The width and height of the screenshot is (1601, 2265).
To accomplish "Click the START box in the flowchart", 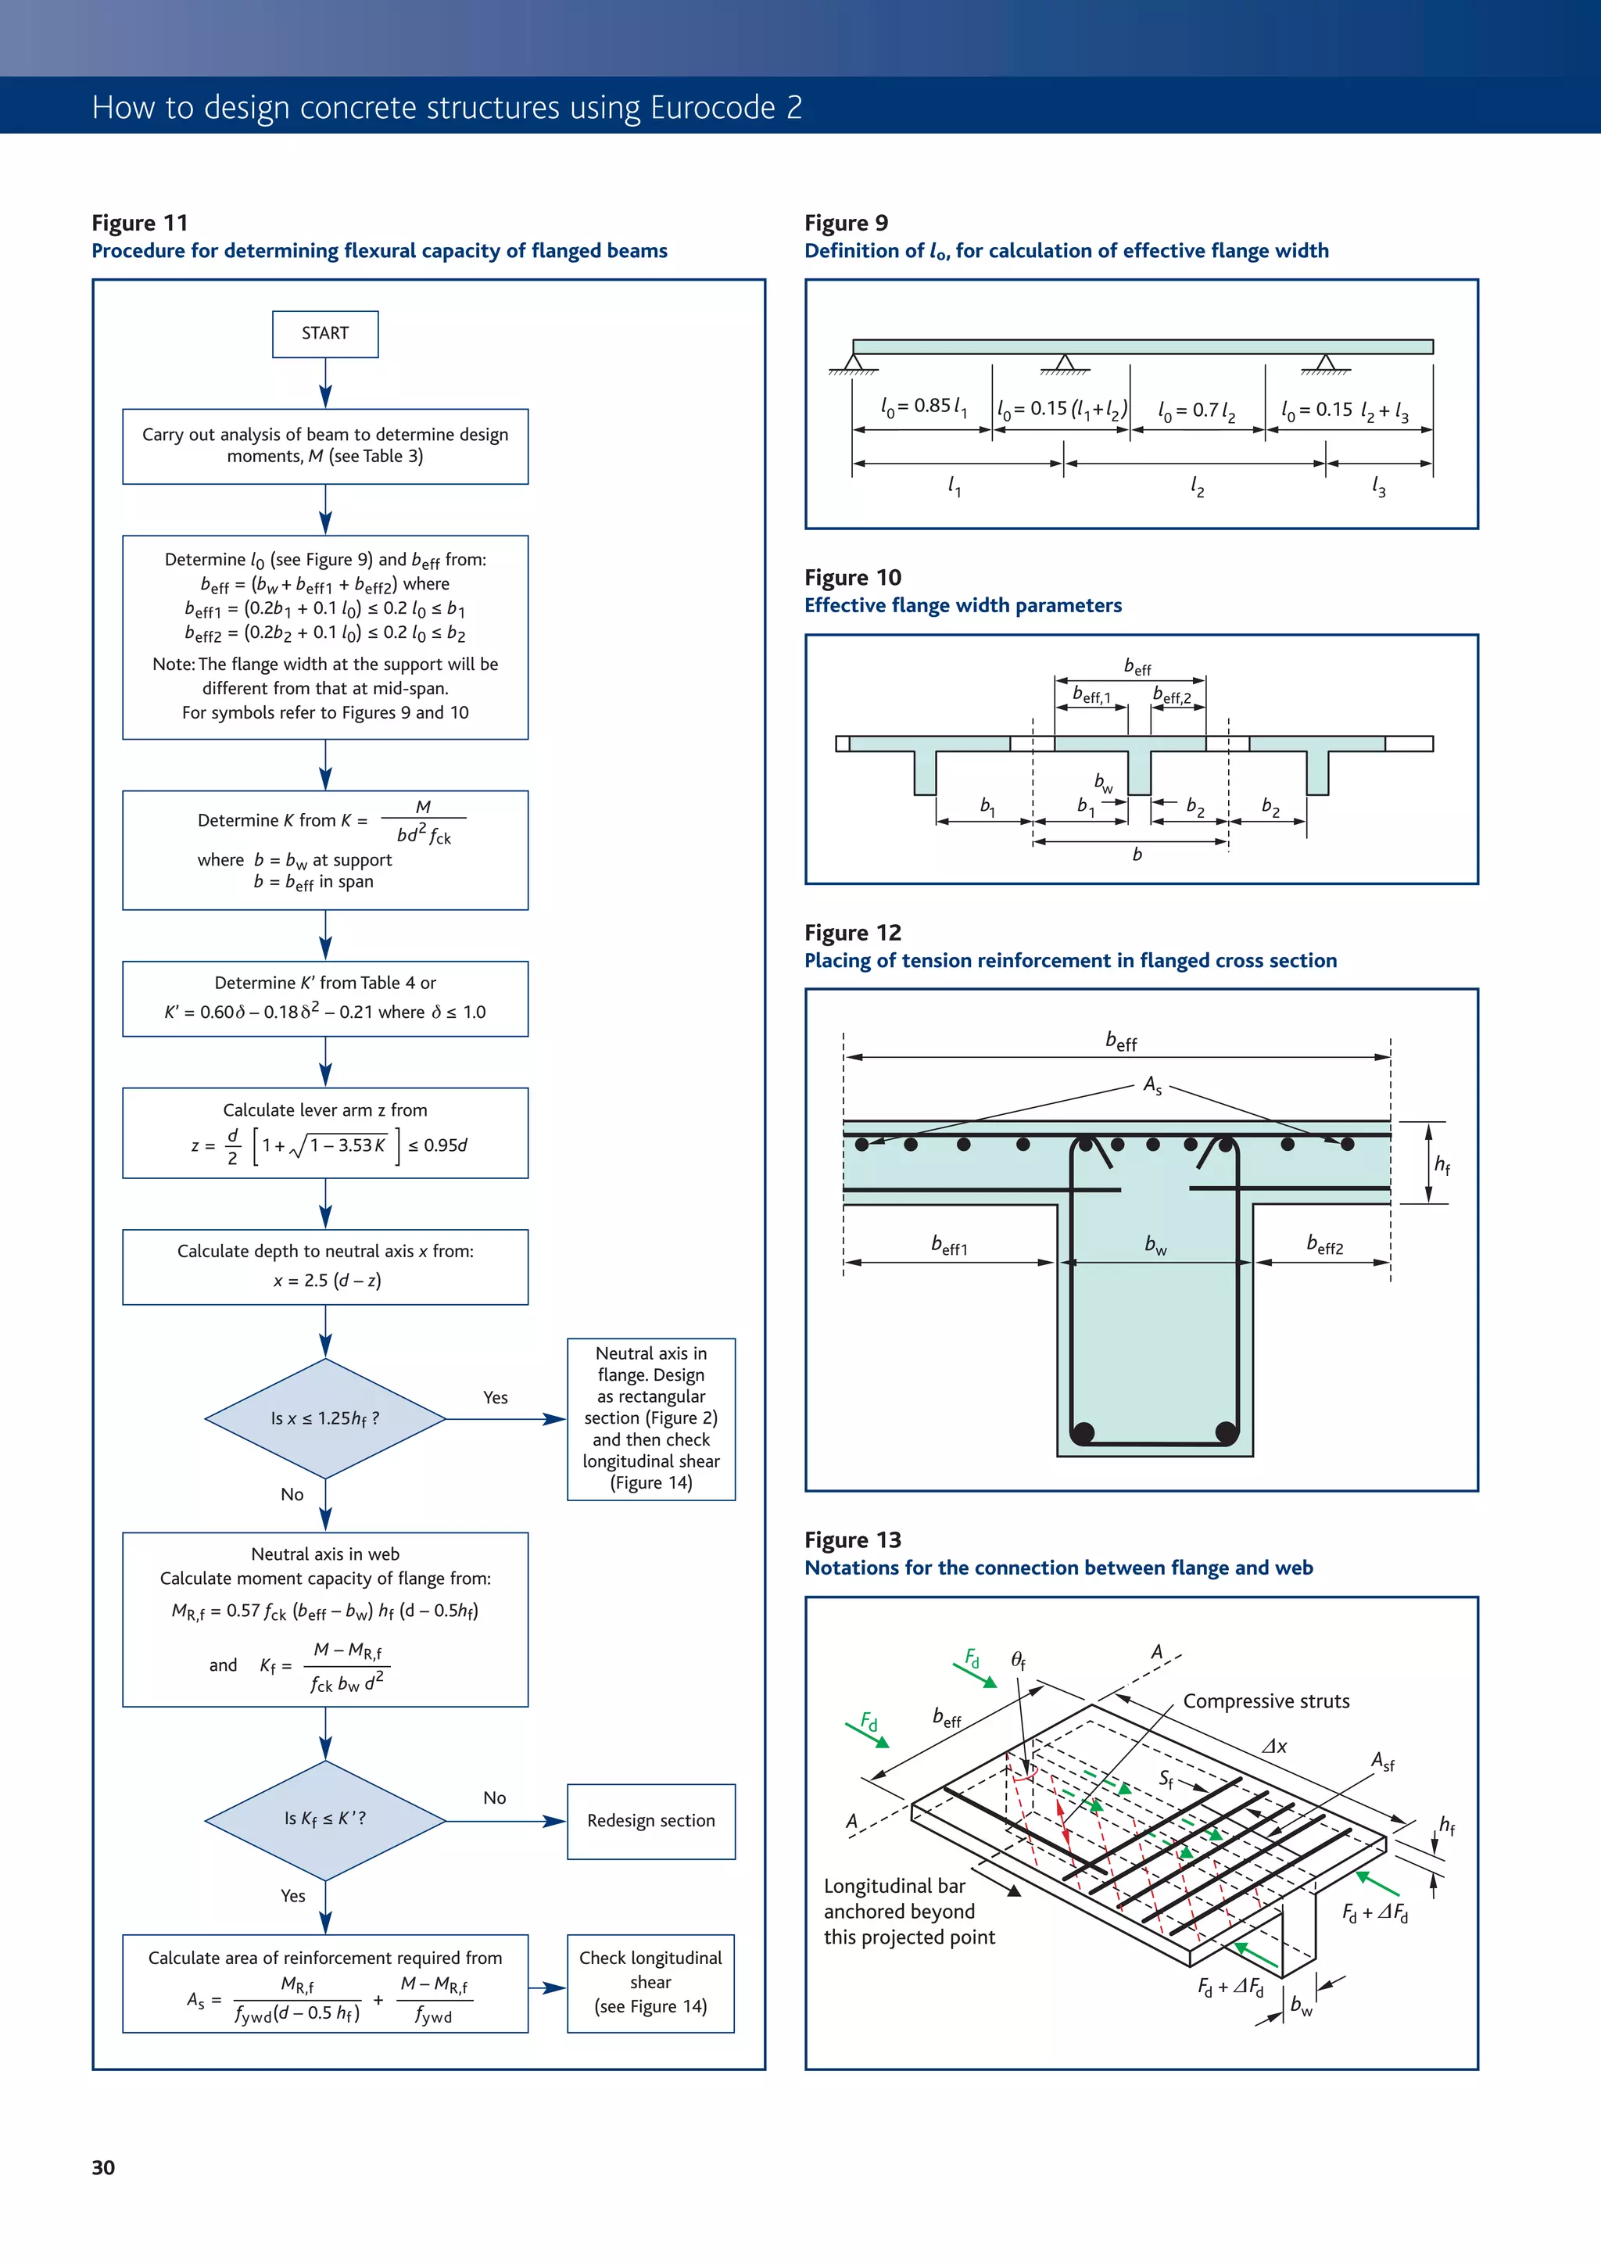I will coord(324,333).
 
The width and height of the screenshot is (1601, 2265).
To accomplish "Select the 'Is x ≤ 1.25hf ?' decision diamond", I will coord(324,1418).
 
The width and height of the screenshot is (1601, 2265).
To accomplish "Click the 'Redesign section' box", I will coord(651,1821).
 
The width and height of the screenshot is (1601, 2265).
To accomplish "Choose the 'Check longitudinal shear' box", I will coord(651,1983).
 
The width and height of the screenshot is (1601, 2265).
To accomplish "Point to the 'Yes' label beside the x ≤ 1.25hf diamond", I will coord(495,1398).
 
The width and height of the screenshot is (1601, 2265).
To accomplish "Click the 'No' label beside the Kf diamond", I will coord(494,1798).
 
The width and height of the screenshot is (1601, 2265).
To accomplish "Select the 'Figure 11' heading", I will coord(139,223).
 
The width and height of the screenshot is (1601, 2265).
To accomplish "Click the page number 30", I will coord(103,2167).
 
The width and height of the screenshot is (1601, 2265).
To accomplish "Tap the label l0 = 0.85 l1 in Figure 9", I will coord(923,407).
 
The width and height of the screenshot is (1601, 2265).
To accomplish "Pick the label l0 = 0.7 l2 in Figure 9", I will coord(1197,410).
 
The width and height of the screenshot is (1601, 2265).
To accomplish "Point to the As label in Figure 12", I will coord(1152,1086).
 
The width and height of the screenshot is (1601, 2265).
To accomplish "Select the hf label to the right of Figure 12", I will coord(1442,1165).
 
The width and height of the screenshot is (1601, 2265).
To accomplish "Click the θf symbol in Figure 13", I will coord(1018,1661).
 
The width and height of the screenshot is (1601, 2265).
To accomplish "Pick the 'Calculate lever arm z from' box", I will coord(324,1132).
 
